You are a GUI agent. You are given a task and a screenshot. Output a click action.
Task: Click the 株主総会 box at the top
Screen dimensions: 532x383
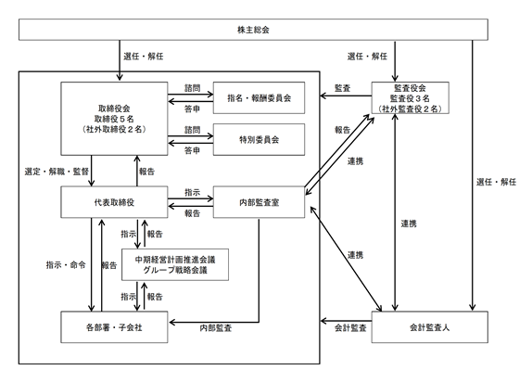point(253,30)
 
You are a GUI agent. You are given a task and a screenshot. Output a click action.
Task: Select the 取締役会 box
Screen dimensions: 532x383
point(114,119)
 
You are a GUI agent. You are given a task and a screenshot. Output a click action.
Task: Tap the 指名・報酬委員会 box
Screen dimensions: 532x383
point(259,97)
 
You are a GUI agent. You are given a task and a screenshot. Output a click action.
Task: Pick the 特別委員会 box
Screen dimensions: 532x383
point(259,139)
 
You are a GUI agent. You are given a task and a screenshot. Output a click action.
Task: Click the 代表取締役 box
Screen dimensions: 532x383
point(114,202)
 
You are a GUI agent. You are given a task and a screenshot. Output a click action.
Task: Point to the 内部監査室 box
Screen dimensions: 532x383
point(259,202)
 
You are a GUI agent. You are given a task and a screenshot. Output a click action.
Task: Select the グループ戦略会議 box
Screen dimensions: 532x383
point(175,265)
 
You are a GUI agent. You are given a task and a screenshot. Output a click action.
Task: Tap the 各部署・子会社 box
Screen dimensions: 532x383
point(114,327)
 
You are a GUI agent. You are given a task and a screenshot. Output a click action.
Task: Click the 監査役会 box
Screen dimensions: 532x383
point(411,97)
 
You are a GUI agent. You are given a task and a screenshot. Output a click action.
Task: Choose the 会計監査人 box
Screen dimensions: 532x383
point(430,327)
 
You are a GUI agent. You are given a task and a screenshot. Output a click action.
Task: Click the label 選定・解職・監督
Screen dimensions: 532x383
point(57,172)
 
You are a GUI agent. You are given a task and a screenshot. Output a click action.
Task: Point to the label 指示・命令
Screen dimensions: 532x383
point(66,265)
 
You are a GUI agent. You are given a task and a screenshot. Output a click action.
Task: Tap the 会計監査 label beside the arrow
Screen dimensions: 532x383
point(350,327)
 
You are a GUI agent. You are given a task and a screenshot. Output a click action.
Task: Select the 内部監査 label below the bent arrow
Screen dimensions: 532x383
point(216,327)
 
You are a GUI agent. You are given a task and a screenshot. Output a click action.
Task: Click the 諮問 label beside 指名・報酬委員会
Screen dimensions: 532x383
point(193,88)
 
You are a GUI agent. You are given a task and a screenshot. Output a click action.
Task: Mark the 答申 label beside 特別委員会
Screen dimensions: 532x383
point(193,150)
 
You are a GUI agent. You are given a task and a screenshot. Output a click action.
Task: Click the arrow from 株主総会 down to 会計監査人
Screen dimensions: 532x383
point(473,175)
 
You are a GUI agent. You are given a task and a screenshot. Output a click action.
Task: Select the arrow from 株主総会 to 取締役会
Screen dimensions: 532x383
point(120,60)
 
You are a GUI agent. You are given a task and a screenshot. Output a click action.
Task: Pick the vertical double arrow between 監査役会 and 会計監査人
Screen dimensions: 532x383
point(395,212)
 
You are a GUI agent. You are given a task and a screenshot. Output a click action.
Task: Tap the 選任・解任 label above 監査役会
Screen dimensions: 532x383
point(367,56)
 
